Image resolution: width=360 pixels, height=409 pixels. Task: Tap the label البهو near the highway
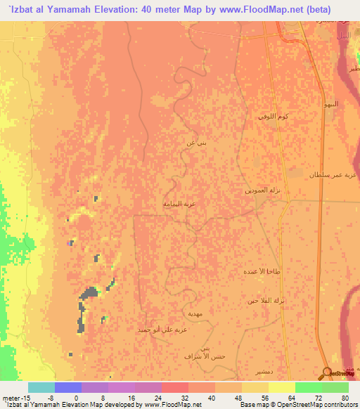(x=329, y=104)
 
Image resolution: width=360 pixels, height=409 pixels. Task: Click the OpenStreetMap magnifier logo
(x=326, y=373)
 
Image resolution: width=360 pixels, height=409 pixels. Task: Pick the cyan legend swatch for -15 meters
(x=41, y=387)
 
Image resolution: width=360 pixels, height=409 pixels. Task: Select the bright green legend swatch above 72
(x=335, y=387)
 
